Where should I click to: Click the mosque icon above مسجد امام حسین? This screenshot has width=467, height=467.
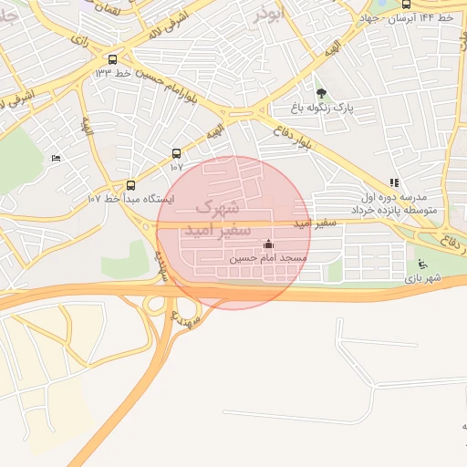[x=268, y=244]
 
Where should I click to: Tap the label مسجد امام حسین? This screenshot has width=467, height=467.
[x=268, y=259]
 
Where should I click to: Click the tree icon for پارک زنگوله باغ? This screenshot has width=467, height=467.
[x=321, y=93]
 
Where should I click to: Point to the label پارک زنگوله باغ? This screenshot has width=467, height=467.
[x=321, y=109]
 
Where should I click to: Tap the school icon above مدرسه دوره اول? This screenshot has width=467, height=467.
[x=394, y=183]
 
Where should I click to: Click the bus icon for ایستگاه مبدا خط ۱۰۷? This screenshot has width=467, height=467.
[x=130, y=185]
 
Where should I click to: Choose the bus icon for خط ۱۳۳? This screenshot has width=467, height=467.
[x=112, y=57]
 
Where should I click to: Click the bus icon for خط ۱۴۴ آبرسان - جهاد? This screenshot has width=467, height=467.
[x=406, y=4]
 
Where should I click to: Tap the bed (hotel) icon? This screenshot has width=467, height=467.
[x=57, y=158]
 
